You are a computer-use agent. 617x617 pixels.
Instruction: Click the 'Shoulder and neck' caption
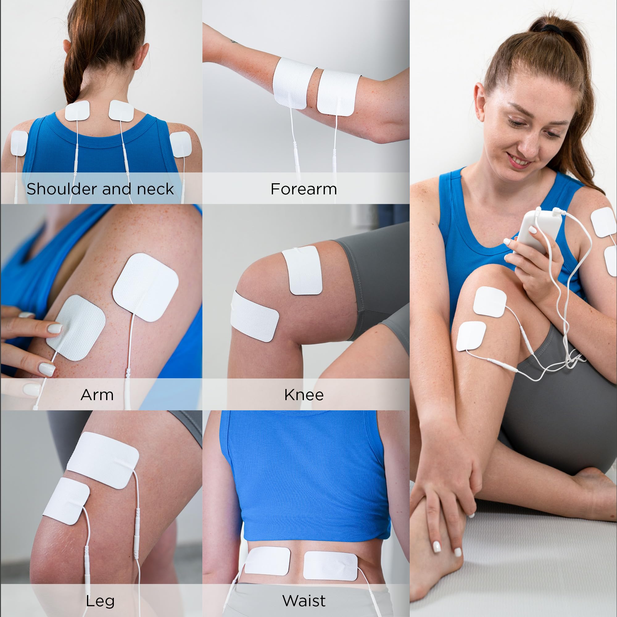pyautogui.click(x=100, y=189)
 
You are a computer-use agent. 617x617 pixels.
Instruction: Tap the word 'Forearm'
pyautogui.click(x=304, y=189)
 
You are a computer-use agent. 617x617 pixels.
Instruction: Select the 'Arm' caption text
pyautogui.click(x=97, y=395)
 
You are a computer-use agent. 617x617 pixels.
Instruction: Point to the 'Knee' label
pyautogui.click(x=304, y=395)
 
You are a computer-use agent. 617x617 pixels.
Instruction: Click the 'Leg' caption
pyautogui.click(x=100, y=601)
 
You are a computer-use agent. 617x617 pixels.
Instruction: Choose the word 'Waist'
pyautogui.click(x=304, y=601)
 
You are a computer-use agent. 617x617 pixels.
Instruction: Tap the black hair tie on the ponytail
pyautogui.click(x=550, y=28)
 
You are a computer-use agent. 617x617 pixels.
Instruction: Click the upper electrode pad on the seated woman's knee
pyautogui.click(x=490, y=302)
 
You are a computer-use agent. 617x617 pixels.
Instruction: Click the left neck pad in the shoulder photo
pyautogui.click(x=77, y=110)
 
